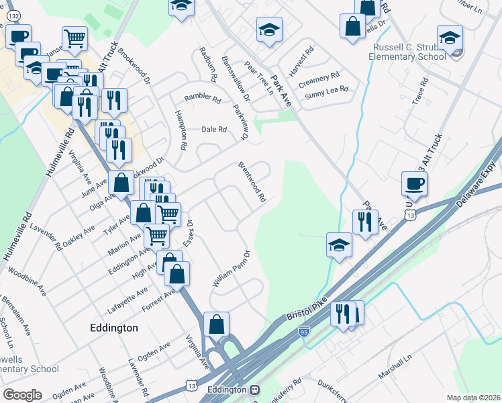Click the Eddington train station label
tap(228, 390)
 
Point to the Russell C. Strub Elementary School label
tap(407, 52)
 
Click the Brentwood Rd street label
tap(252, 182)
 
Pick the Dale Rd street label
tap(214, 130)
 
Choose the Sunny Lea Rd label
tap(326, 92)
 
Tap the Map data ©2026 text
tap(473, 398)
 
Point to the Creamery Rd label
tap(319, 79)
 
